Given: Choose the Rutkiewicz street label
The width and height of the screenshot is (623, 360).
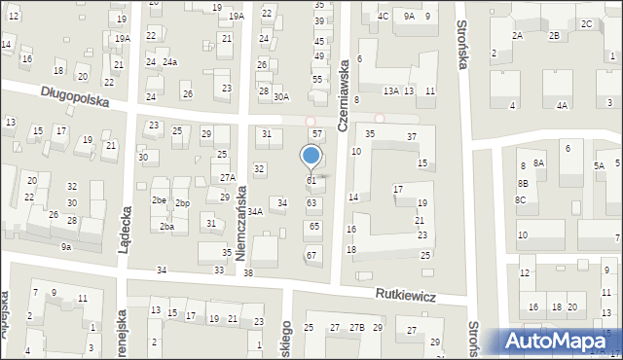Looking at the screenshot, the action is (407, 293).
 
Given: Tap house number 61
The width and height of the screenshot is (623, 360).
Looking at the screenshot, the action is (311, 181).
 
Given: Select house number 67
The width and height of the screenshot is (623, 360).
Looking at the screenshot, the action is (311, 255).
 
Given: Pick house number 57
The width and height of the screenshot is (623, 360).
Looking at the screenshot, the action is (315, 132).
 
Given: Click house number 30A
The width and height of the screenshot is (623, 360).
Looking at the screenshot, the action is (281, 96).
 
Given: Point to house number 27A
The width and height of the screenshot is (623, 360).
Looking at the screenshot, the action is (227, 177).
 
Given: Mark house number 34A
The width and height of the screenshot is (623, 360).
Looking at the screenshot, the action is (255, 211).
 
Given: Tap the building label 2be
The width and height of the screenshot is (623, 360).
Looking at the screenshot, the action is (159, 200).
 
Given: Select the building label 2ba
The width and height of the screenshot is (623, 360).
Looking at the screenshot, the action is (166, 226).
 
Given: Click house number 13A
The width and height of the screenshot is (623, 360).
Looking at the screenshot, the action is (391, 90).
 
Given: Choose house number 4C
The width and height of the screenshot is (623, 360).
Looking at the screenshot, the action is (384, 16).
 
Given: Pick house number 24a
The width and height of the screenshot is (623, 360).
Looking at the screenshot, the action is (169, 62).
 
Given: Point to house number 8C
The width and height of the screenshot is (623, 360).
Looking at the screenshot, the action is (521, 199).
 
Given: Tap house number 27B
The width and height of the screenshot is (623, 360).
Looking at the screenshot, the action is (357, 327).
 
